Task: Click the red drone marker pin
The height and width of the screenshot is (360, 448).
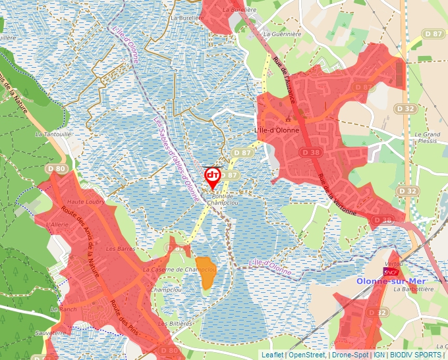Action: pyautogui.click(x=212, y=176)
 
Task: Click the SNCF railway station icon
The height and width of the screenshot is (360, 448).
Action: pyautogui.click(x=391, y=271)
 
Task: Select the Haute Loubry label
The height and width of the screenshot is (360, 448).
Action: pyautogui.click(x=86, y=202)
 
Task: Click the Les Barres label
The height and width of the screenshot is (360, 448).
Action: pyautogui.click(x=120, y=249)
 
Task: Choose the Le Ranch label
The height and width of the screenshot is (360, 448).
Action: pyautogui.click(x=64, y=309)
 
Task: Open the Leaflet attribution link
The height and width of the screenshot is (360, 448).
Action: pyautogui.click(x=272, y=355)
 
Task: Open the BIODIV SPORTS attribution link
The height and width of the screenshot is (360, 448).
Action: pyautogui.click(x=416, y=355)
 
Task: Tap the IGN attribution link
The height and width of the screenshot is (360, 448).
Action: pyautogui.click(x=379, y=355)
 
